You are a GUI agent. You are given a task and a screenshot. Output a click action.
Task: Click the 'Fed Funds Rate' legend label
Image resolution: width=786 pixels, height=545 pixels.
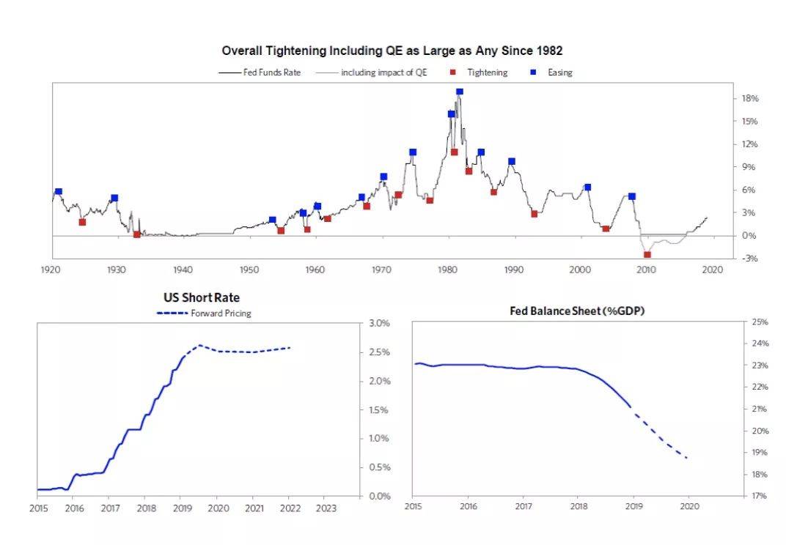[271, 73]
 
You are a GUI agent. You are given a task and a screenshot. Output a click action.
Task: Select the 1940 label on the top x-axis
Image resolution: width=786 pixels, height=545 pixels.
[183, 270]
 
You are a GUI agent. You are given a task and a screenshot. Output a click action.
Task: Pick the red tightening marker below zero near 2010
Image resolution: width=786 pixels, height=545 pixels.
[647, 254]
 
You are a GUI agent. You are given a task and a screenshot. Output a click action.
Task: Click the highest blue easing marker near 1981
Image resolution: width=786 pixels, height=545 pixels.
[460, 92]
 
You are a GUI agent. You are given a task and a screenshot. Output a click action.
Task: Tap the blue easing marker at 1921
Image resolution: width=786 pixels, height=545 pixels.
[59, 191]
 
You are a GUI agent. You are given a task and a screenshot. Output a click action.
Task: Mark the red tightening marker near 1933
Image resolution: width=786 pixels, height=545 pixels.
[137, 234]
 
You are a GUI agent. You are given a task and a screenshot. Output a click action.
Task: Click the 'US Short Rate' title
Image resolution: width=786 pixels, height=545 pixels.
[201, 298]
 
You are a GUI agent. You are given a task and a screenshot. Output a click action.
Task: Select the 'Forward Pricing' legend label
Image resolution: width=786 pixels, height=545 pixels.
[221, 314]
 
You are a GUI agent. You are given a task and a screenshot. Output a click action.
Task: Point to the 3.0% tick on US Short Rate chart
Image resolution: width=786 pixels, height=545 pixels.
[379, 323]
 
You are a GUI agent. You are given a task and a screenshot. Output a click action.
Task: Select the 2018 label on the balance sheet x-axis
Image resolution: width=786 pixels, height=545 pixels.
[579, 506]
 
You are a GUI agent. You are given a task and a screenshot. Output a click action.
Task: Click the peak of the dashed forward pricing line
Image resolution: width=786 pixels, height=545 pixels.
[199, 345]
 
